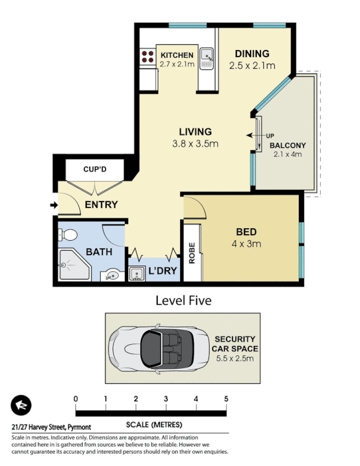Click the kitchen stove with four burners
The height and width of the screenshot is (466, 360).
click(x=147, y=57)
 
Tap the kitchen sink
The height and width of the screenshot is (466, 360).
click(x=207, y=56)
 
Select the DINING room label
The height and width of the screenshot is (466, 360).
click(x=251, y=54)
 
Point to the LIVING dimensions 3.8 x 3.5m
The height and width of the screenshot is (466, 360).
click(x=195, y=143)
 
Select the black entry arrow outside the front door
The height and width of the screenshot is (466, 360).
click(x=54, y=205)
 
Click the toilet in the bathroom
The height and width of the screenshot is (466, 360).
click(x=68, y=235)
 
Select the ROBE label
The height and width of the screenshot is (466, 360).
click(x=190, y=253)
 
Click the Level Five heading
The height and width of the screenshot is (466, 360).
click(x=183, y=301)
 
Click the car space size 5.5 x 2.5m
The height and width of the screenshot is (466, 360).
click(x=235, y=358)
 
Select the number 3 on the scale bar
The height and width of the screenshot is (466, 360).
click(x=166, y=398)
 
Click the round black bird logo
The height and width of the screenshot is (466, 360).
click(x=21, y=405)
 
